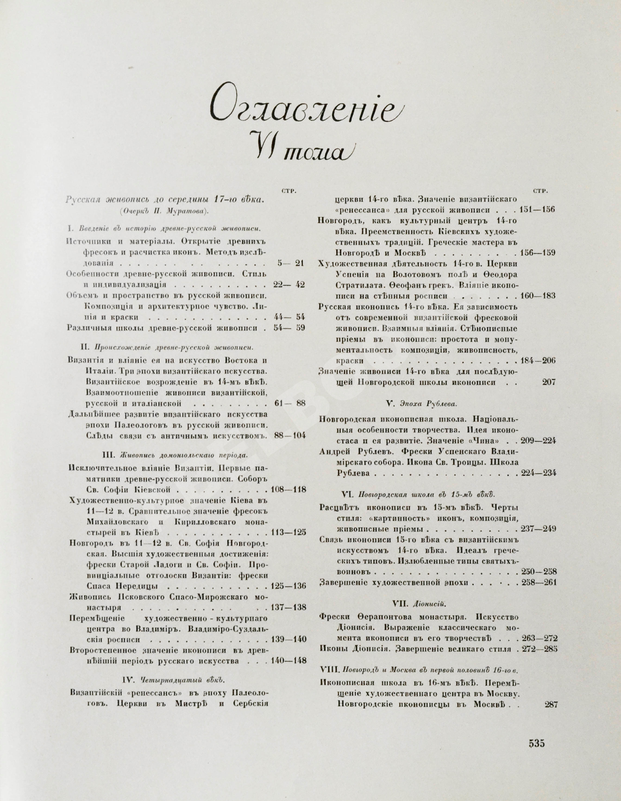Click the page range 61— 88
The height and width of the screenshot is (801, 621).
pyautogui.click(x=290, y=404)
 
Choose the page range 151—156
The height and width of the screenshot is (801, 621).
pyautogui.click(x=538, y=210)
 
